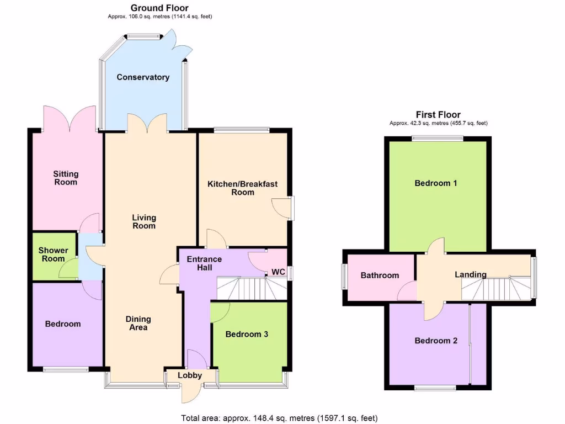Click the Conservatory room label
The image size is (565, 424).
click(x=143, y=77)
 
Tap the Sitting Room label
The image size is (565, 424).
click(x=66, y=178)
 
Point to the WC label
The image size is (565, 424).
click(x=278, y=272)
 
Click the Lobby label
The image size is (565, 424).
click(x=190, y=375)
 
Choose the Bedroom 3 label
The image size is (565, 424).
click(x=247, y=334)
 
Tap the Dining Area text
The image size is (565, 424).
click(x=138, y=323)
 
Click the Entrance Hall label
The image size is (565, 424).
click(x=204, y=263)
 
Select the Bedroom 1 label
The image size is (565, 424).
click(x=436, y=183)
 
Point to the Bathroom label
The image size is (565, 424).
click(x=380, y=275)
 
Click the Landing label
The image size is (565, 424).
click(x=471, y=274)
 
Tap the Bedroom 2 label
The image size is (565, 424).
click(x=436, y=341)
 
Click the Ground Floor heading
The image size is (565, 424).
click(x=159, y=8)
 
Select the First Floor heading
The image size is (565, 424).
click(x=438, y=115)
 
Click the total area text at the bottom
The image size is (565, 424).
click(x=279, y=418)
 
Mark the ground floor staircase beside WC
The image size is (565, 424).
click(x=251, y=288)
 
